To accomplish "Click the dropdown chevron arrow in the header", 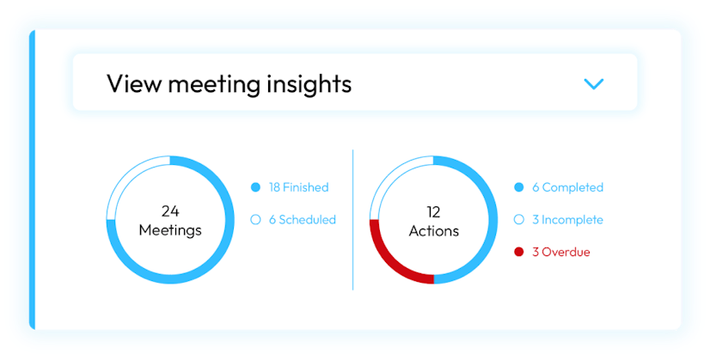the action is click(x=594, y=84).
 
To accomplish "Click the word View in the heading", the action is click(x=133, y=84).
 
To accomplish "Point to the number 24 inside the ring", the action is click(x=170, y=211).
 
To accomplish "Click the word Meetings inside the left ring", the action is click(x=170, y=230).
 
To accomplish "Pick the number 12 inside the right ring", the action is click(x=434, y=212).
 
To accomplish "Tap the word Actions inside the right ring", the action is click(x=434, y=231).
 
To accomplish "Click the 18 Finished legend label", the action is click(x=299, y=187).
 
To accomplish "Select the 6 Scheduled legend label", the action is click(x=303, y=220).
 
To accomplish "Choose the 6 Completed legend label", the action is click(x=568, y=187).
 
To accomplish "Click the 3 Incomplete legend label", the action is click(x=568, y=220).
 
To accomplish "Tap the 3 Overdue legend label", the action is click(x=561, y=252).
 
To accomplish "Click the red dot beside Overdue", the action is click(x=519, y=252).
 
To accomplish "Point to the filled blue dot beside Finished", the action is click(x=255, y=187).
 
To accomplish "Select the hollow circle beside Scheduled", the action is click(x=255, y=220).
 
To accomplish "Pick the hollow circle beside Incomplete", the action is click(x=519, y=220).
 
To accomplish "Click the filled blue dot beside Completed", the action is click(x=519, y=187).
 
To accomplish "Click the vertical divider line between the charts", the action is click(x=352, y=220).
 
